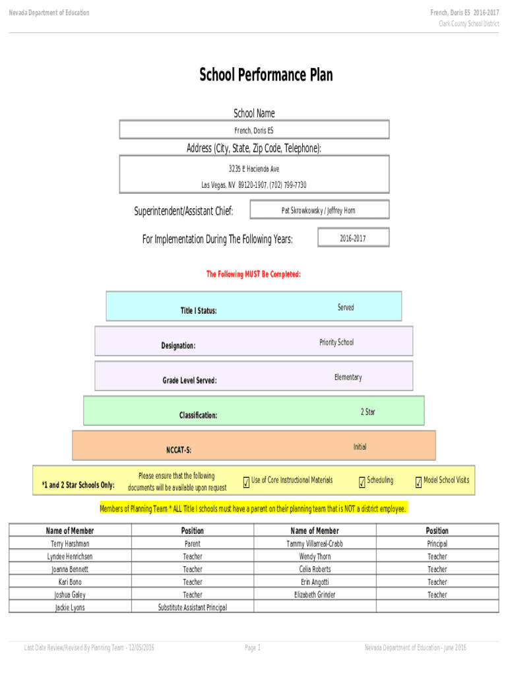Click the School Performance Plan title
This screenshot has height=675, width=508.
click(266, 75)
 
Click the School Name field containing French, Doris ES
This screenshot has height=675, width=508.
click(254, 130)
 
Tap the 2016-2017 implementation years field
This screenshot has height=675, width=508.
click(353, 238)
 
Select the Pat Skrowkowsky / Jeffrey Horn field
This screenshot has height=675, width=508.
click(318, 210)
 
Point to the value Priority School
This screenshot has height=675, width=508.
click(336, 342)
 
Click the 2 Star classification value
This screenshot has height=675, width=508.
click(367, 412)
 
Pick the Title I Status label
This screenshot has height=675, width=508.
click(199, 310)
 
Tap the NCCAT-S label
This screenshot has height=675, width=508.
click(178, 450)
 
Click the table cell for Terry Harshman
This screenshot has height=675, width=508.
click(70, 544)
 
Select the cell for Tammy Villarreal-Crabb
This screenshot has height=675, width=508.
click(315, 544)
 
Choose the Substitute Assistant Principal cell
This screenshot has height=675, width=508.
click(193, 607)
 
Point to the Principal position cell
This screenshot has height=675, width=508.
click(437, 544)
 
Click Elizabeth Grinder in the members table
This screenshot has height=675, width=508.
click(315, 595)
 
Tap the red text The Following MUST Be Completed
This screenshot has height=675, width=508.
click(254, 274)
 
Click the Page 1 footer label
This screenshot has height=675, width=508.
click(253, 648)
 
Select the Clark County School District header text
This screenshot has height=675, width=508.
click(469, 24)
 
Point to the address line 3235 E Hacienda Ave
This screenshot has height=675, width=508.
click(254, 169)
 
